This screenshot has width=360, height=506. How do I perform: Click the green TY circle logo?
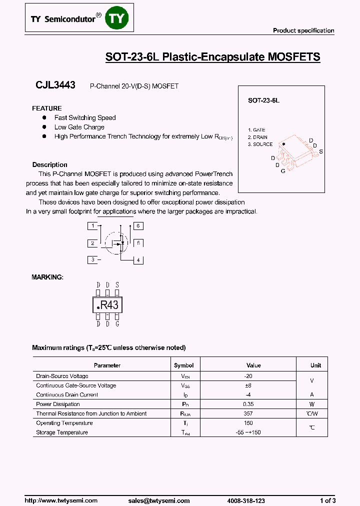(119, 18)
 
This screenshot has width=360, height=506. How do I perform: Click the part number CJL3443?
(55, 85)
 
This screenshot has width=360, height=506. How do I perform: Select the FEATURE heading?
(47, 108)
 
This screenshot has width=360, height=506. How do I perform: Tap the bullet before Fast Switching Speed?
(44, 117)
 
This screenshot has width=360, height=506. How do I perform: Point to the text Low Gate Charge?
(79, 127)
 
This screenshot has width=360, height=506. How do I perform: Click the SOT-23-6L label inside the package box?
(263, 100)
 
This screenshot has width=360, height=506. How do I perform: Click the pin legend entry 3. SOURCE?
(260, 144)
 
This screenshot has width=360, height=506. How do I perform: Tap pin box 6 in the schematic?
(137, 226)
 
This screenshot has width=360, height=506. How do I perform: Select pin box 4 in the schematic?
(137, 260)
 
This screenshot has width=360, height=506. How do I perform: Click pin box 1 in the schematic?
(92, 226)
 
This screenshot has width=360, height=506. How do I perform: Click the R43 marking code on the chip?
(109, 305)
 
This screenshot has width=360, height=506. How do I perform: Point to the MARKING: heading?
(47, 277)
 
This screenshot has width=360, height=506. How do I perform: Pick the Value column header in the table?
(253, 365)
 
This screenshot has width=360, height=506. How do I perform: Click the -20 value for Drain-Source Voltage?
(248, 376)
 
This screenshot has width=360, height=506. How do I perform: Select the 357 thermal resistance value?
(248, 413)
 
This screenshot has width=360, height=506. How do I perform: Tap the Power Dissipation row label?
(58, 404)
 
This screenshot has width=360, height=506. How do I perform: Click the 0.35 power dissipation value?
(248, 404)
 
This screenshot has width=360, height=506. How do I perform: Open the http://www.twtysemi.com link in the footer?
(61, 500)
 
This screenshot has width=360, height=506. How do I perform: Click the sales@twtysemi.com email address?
(158, 500)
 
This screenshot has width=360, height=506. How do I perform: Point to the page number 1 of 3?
(327, 500)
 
